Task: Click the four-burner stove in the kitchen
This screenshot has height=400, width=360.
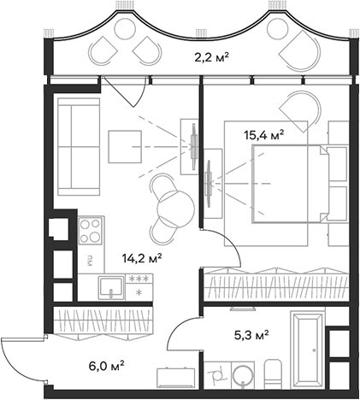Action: click(x=91, y=230)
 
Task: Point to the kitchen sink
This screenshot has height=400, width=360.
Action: click(x=109, y=287)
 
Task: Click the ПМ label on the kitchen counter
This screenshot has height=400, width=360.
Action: click(x=88, y=258)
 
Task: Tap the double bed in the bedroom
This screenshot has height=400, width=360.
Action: click(x=286, y=182)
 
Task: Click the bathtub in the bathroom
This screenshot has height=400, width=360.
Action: click(x=305, y=350)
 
